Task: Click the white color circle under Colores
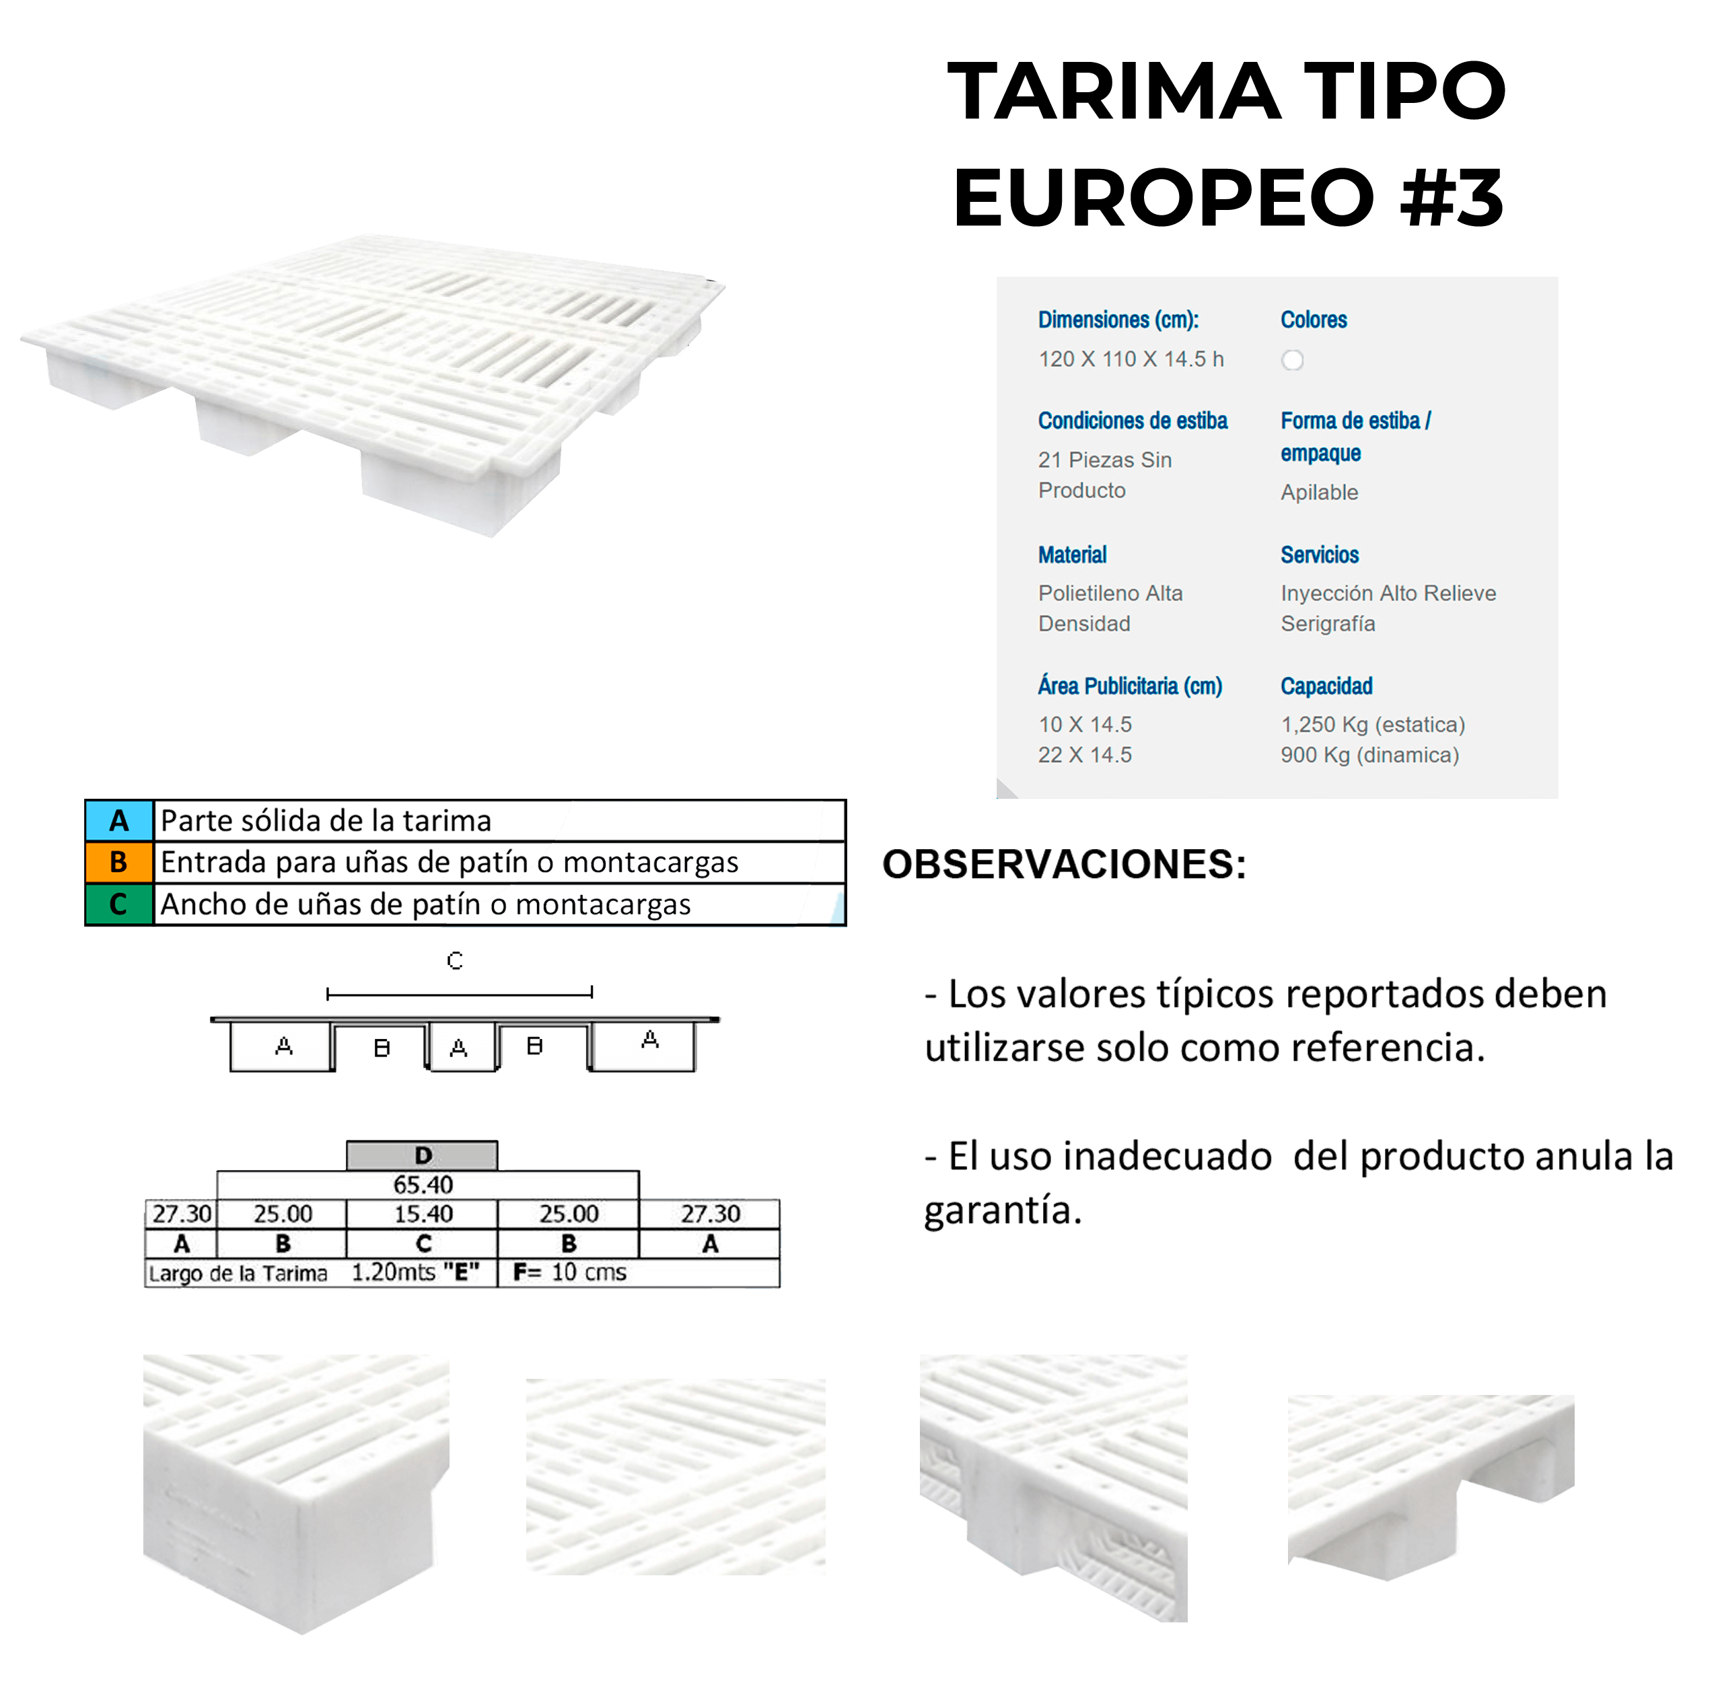(1292, 360)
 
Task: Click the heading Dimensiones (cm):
(1118, 320)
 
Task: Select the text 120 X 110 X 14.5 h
(1130, 359)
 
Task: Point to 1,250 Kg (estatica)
(1371, 725)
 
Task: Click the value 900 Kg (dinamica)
(1369, 755)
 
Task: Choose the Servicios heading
(1319, 555)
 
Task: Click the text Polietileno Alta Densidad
(1110, 608)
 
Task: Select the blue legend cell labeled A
(118, 820)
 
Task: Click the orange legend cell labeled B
(118, 862)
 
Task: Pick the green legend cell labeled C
(118, 904)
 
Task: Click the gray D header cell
(422, 1155)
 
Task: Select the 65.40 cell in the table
(423, 1184)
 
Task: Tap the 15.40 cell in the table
(423, 1213)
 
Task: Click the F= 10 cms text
(569, 1272)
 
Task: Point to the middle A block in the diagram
(458, 1048)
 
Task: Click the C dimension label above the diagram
(455, 960)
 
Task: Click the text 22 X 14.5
(1084, 755)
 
